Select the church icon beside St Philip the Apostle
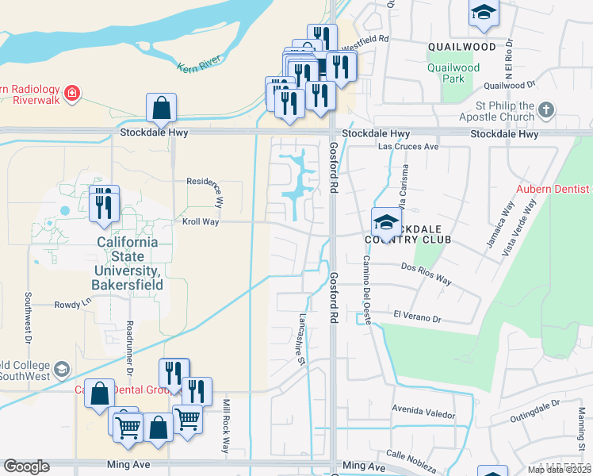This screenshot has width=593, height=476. [545, 110]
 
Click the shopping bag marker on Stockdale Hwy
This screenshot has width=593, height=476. [161, 109]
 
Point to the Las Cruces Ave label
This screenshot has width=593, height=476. [408, 148]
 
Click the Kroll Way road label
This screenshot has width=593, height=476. [200, 222]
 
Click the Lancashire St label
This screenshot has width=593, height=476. [302, 337]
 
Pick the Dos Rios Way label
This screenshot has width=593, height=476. [426, 274]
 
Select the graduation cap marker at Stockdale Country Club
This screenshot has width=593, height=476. [386, 221]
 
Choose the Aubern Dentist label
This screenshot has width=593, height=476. [553, 189]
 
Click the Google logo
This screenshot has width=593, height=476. [26, 466]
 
